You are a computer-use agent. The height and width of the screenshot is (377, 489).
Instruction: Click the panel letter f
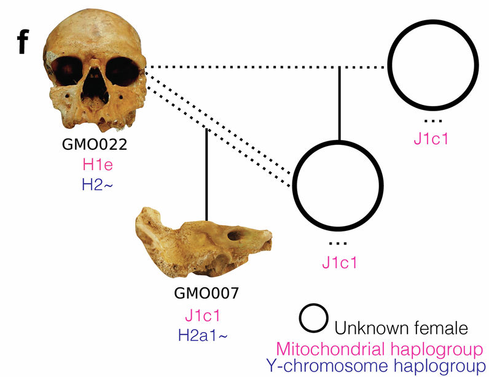tap(23, 42)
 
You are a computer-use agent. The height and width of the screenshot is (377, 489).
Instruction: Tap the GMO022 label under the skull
tap(95, 144)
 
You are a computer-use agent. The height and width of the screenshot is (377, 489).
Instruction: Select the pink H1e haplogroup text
tap(98, 165)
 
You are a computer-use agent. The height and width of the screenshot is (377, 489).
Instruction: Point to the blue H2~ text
tap(97, 185)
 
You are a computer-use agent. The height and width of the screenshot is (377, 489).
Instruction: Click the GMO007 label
tap(206, 293)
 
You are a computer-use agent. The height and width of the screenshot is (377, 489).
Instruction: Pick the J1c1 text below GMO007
tap(202, 316)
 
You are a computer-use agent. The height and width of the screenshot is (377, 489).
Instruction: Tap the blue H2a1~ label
tap(203, 335)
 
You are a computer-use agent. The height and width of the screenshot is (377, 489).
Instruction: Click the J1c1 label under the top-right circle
tap(431, 138)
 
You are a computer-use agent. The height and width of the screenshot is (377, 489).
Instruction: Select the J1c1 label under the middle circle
tap(339, 263)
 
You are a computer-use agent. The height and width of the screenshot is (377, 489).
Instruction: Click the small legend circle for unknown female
tap(313, 318)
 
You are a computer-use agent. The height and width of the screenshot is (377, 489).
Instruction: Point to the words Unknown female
tap(401, 328)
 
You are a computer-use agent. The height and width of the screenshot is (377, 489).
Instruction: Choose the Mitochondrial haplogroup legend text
tap(380, 349)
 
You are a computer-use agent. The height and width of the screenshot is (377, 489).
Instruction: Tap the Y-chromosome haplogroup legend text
tap(376, 366)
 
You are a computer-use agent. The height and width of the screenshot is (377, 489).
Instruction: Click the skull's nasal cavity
tap(94, 84)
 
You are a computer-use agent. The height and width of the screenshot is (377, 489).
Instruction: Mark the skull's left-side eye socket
tap(66, 71)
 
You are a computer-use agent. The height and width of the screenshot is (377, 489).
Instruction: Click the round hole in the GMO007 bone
tap(234, 235)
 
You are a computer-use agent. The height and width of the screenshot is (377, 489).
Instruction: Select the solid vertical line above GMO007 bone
tap(206, 174)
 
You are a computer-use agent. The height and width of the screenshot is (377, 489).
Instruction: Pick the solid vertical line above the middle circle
tap(340, 104)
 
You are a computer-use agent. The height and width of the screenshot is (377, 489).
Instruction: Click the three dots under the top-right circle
tap(433, 121)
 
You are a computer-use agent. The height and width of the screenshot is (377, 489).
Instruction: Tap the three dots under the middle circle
tap(338, 244)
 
